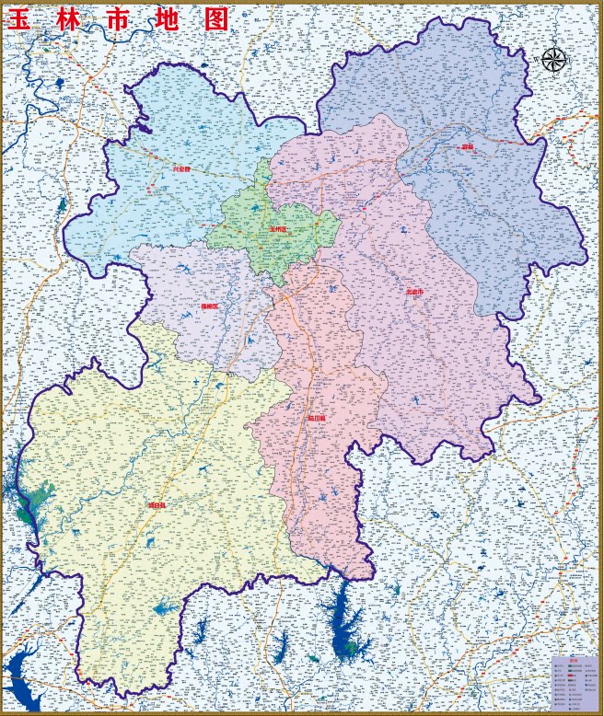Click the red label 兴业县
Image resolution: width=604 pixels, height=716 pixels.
181,169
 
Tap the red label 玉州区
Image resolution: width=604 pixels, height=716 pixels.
278,228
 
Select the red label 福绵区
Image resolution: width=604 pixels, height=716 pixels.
210,306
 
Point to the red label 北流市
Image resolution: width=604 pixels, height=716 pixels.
415,291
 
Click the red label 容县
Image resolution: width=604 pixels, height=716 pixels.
468,146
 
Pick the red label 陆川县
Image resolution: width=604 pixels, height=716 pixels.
317,417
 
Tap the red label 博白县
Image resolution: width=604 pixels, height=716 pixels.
157,505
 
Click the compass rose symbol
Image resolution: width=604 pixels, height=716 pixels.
553,60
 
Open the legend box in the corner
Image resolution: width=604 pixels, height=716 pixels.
575,684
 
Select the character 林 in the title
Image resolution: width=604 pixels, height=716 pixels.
70,19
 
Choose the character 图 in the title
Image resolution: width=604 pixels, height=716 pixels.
215,19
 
